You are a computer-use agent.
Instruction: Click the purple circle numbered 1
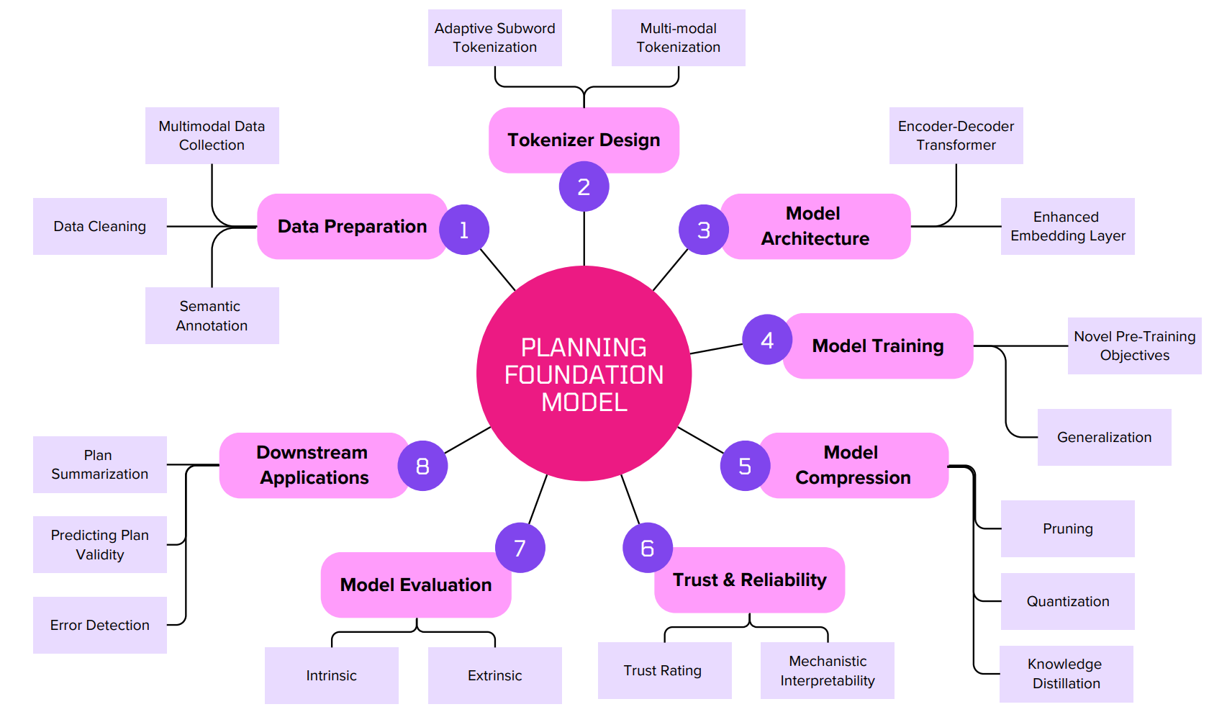click(464, 230)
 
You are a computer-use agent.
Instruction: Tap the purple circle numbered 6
click(647, 548)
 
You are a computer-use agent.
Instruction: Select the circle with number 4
click(767, 340)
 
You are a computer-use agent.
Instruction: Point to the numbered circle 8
click(422, 466)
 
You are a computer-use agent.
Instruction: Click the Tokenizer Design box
click(584, 140)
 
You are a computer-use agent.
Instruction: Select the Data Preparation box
click(352, 226)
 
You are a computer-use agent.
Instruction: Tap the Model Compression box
click(853, 465)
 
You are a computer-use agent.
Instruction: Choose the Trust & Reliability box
click(749, 580)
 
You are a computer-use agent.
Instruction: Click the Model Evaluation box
click(416, 585)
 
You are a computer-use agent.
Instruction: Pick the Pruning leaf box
click(1067, 528)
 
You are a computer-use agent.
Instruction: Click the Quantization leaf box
click(1067, 601)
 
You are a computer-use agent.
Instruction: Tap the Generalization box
click(1104, 437)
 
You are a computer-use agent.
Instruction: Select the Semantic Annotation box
click(212, 315)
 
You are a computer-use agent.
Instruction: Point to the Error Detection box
click(100, 625)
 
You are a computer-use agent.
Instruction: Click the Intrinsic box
click(331, 675)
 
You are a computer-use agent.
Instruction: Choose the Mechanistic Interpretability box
click(827, 670)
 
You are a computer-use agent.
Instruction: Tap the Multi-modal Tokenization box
click(678, 37)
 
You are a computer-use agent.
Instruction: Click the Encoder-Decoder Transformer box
click(956, 135)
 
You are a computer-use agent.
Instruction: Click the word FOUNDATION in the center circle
click(584, 375)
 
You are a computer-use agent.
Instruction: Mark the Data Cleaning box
click(100, 226)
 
